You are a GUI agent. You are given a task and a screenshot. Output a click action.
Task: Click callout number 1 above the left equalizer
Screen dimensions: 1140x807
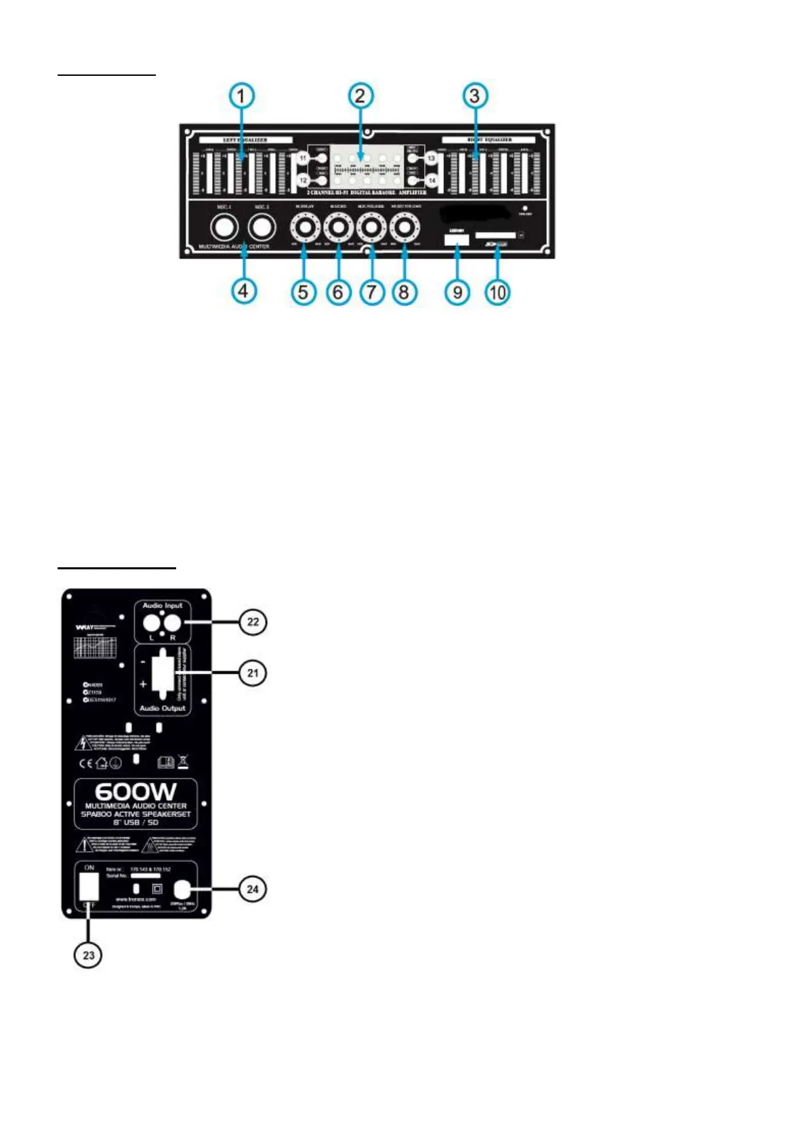click(242, 95)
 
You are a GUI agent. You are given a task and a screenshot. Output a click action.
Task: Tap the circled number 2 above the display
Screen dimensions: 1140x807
click(360, 95)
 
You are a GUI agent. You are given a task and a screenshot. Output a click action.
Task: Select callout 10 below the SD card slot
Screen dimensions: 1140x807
click(497, 292)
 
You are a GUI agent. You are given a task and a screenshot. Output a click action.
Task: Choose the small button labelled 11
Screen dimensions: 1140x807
click(303, 158)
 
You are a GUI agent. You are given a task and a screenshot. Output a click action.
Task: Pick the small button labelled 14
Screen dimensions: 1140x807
click(432, 181)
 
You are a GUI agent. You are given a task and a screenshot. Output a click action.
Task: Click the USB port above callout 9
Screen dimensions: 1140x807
click(457, 239)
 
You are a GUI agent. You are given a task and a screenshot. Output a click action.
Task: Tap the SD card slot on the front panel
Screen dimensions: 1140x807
click(495, 236)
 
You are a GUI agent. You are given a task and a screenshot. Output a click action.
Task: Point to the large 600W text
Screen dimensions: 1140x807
click(136, 792)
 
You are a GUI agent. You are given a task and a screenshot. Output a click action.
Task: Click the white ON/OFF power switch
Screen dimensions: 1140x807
click(89, 886)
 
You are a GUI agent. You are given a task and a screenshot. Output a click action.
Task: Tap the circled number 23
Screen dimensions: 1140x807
click(88, 955)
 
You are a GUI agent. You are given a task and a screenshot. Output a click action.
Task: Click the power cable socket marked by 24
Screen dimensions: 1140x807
click(182, 889)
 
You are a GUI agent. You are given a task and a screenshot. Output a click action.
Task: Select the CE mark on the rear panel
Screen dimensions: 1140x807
click(85, 764)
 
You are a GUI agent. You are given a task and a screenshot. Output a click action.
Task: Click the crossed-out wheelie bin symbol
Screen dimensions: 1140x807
click(183, 762)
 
